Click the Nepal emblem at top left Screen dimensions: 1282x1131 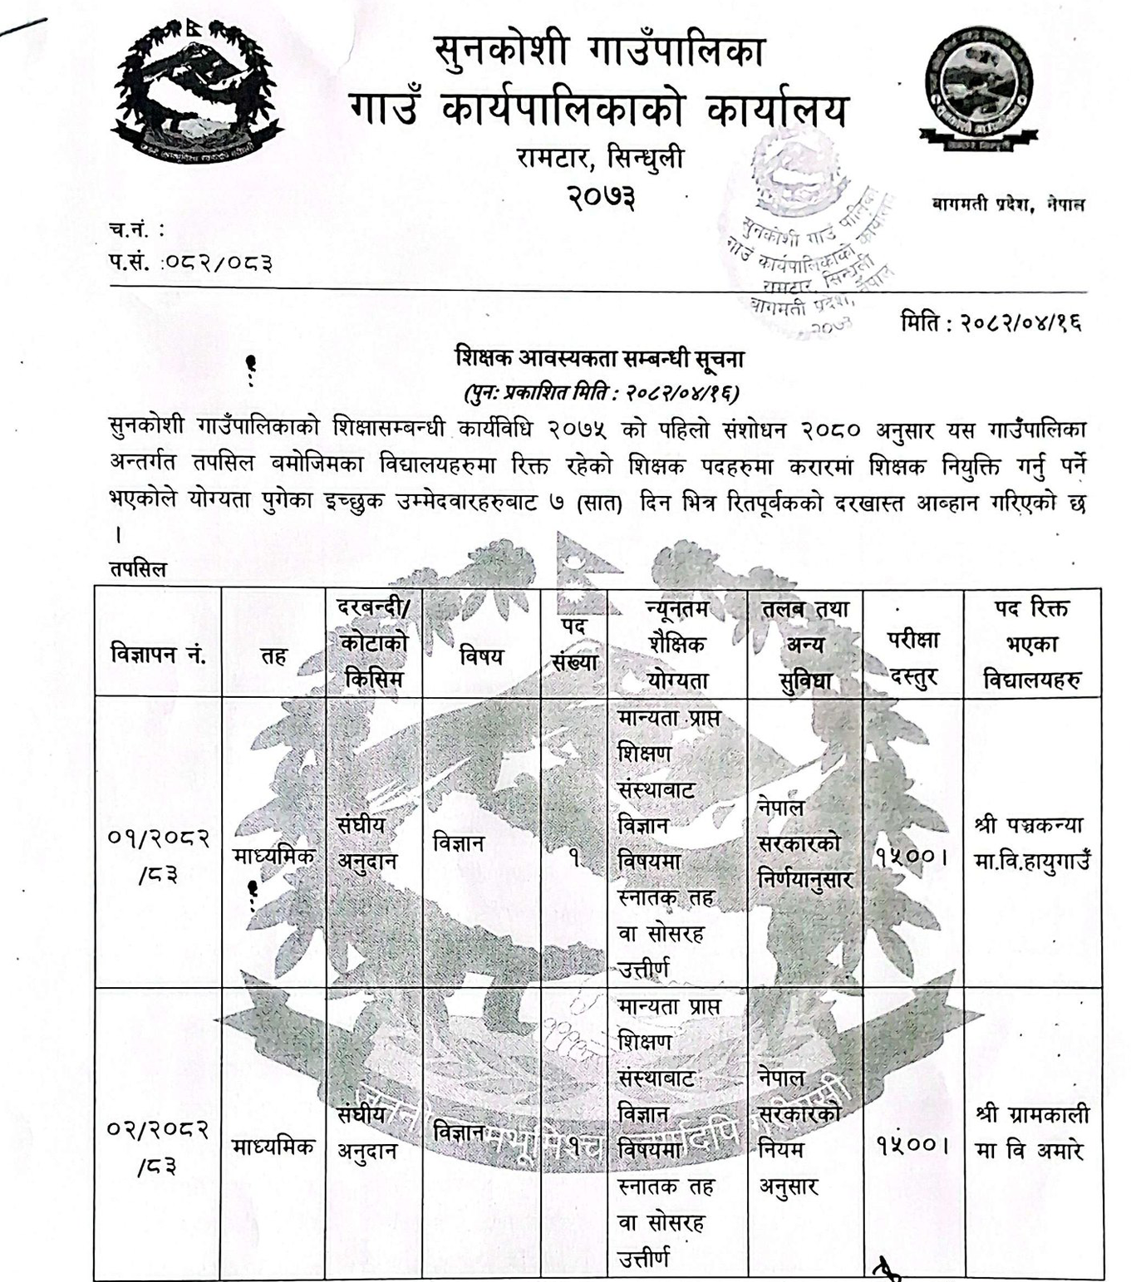pos(197,91)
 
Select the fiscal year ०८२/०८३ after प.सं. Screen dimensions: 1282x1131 pos(217,263)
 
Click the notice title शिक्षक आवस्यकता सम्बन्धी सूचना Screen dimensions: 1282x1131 pos(599,359)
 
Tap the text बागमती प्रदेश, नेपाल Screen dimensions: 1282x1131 pos(1008,204)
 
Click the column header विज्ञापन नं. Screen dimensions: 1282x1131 pos(158,655)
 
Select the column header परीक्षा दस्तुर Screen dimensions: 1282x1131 pos(912,657)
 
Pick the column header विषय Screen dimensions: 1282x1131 pos(481,656)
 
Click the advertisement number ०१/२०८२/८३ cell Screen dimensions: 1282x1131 pos(158,855)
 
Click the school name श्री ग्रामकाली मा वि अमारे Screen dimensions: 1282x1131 pos(1031,1132)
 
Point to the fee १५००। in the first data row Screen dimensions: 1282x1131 pos(912,855)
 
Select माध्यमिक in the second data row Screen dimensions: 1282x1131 pos(273,1147)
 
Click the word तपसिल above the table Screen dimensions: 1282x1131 pos(138,569)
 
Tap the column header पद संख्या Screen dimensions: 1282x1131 pos(574,644)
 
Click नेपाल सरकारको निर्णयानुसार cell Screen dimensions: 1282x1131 pos(804,842)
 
